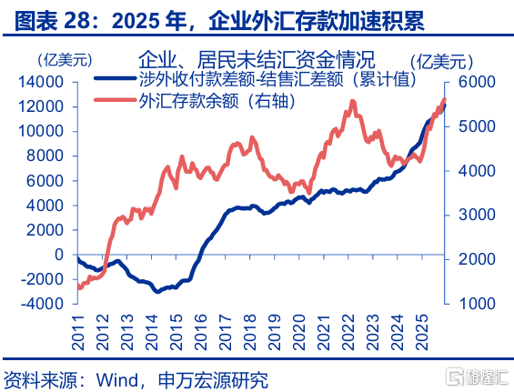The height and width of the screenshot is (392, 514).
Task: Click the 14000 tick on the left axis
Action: [41, 82]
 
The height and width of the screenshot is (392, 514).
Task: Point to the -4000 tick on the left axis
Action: [42, 304]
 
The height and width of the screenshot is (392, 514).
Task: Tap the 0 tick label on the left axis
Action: [59, 255]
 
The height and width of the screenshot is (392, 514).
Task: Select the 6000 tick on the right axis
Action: [477, 82]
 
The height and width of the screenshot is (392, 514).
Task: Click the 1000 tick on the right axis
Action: [477, 304]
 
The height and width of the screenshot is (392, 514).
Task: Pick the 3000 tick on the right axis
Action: [477, 215]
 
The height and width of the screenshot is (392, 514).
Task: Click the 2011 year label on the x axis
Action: [78, 332]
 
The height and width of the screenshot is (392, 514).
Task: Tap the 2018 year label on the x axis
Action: [250, 332]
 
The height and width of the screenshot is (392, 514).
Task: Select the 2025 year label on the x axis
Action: [422, 332]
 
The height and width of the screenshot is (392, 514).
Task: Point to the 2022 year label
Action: [348, 332]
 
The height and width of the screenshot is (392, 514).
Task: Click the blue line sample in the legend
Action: [115, 78]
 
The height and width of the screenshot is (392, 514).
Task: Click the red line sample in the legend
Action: [115, 100]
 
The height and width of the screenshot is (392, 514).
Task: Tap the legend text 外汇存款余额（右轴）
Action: [217, 101]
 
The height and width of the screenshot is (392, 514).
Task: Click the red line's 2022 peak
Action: [352, 102]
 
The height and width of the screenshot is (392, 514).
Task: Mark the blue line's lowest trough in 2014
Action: [157, 291]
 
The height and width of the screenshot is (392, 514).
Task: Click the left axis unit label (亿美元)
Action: [66, 60]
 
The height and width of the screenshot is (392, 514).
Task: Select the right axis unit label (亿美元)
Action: [442, 61]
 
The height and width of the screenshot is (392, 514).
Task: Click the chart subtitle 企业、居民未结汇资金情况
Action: [257, 59]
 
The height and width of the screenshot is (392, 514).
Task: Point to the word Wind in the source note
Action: [116, 380]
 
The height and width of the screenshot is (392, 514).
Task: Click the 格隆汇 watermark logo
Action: [478, 377]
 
